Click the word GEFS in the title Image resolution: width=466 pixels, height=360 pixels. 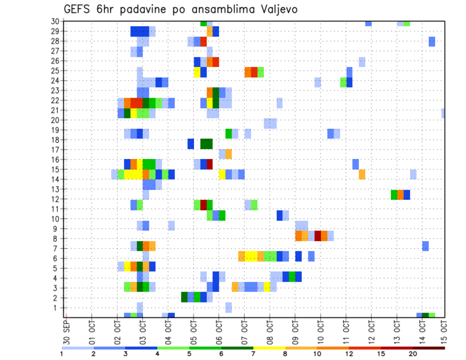pyautogui.click(x=79, y=9)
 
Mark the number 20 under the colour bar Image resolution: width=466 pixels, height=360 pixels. pyautogui.click(x=413, y=354)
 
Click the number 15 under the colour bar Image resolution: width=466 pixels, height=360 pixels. pyautogui.click(x=382, y=354)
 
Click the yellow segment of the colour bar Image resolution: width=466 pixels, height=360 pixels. pyautogui.click(x=269, y=347)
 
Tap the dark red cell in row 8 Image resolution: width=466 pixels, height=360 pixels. pyautogui.click(x=318, y=236)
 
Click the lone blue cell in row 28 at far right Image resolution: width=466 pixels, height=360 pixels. pyautogui.click(x=432, y=42)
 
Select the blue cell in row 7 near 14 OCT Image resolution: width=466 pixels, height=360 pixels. pyautogui.click(x=425, y=246)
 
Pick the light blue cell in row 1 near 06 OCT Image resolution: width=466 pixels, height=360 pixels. pyautogui.click(x=229, y=308)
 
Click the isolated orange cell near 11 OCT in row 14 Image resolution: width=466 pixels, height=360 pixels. pyautogui.click(x=362, y=174)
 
